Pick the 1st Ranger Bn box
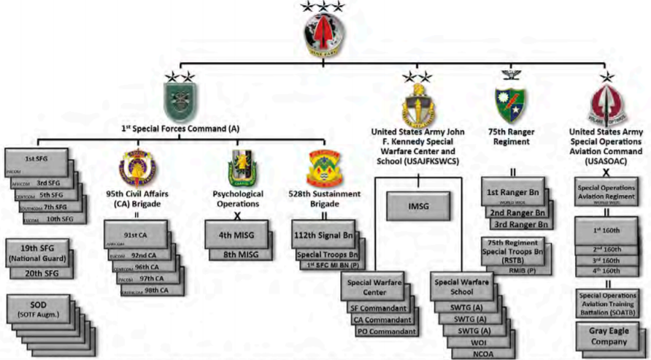point(513,192)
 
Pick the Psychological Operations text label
point(235,199)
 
